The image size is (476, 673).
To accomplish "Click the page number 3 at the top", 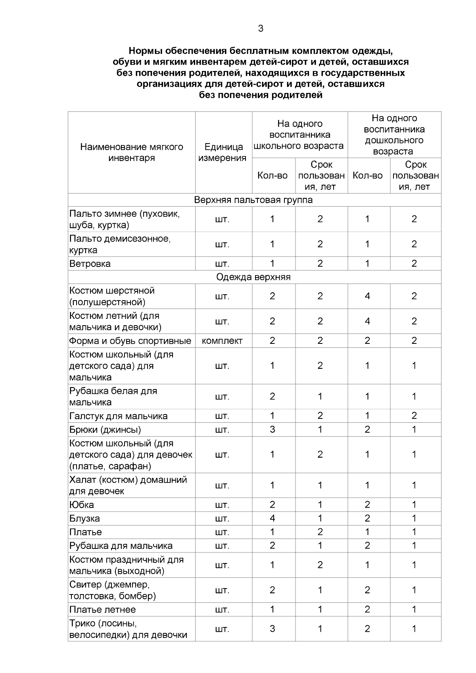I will (261, 29).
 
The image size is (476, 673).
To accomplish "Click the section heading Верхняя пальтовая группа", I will (253, 200).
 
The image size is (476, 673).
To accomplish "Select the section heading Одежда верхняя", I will (253, 277).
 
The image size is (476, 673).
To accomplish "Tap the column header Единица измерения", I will (223, 152).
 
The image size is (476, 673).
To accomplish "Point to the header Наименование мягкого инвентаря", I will (132, 152).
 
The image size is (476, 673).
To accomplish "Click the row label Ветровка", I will (90, 264).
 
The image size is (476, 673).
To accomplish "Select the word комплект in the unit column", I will (222, 341).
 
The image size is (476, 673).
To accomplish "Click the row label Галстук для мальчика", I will (118, 416).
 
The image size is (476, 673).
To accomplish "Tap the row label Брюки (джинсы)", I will (105, 429).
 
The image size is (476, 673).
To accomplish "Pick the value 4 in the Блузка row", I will (272, 518).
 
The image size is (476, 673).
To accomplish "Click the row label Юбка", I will (82, 505).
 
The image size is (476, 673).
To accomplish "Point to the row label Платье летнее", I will (102, 610).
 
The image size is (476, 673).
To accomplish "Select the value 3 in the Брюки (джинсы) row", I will (272, 429).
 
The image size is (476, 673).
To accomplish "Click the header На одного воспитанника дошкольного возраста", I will (394, 134).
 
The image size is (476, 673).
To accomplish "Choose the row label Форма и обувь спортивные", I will (130, 341).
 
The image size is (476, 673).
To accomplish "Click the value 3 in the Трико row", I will (272, 629).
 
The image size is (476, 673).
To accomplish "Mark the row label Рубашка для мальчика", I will (121, 546).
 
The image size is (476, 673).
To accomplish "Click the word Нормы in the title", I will (146, 51).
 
